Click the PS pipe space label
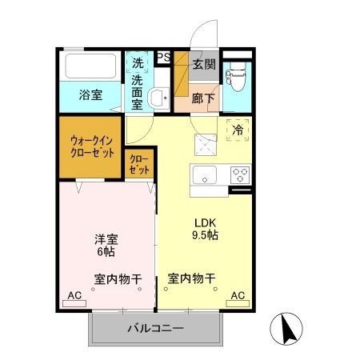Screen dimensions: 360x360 162,57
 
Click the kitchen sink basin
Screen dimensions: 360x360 205,174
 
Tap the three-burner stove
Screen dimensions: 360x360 240,174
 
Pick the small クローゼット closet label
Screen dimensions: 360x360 139,166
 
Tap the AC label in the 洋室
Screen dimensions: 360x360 74,296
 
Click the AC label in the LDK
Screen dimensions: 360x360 238,296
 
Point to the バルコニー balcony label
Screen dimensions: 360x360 157,329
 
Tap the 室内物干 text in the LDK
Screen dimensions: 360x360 192,278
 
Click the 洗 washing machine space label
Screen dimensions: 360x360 138,62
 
